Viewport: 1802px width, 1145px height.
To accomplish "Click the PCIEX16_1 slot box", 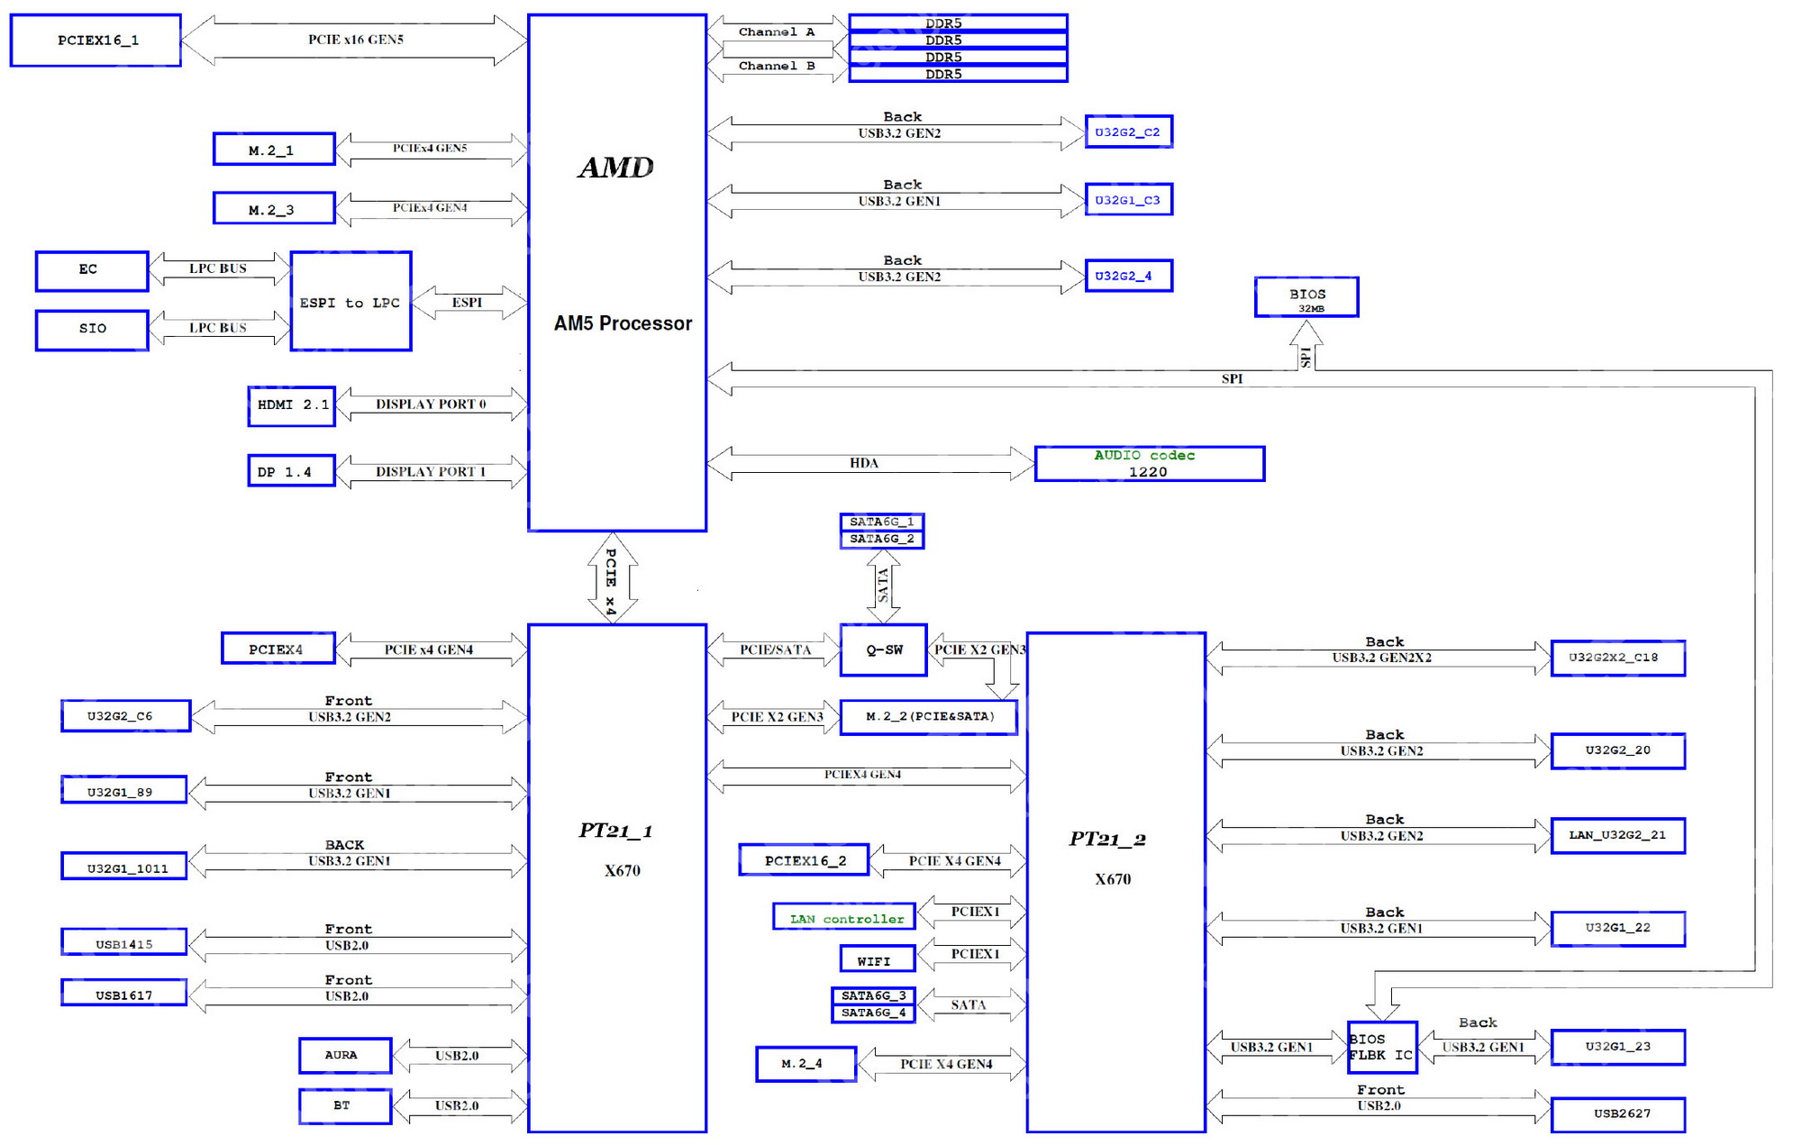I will [x=96, y=41].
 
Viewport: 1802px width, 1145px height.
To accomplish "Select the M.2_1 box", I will [x=274, y=150].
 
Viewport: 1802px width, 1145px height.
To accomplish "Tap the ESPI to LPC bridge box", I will [x=350, y=302].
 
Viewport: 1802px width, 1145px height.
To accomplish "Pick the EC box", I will [x=91, y=270].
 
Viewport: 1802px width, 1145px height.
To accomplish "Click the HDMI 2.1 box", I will [x=291, y=405].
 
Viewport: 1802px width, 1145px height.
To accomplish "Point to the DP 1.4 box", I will [x=291, y=471].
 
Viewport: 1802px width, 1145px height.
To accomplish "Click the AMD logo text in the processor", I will [x=616, y=168].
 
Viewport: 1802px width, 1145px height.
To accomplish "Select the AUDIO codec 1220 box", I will [x=1149, y=464].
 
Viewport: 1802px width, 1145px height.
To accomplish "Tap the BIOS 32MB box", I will [x=1306, y=297].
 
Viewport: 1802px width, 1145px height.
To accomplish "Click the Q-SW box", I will [x=883, y=650].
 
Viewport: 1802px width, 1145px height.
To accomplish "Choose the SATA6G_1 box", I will [x=882, y=522].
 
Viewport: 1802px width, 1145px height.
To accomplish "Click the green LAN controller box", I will [x=844, y=917].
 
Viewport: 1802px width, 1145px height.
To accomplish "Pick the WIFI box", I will [x=877, y=959].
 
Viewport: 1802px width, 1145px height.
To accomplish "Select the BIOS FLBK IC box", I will [x=1381, y=1047].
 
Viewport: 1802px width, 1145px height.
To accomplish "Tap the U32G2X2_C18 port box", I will [x=1617, y=658].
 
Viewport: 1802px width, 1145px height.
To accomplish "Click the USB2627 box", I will [x=1617, y=1114].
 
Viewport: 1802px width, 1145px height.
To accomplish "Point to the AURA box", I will [x=344, y=1055].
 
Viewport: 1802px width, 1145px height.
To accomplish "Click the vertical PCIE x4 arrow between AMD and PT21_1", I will [x=612, y=578].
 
